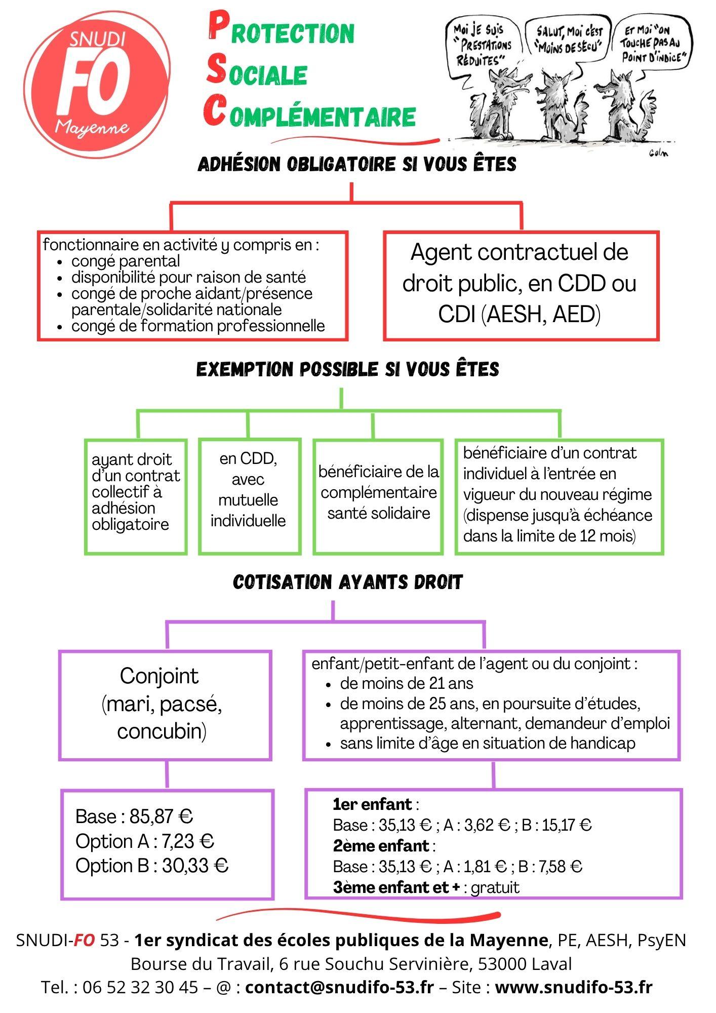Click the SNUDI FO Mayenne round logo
[x=96, y=86]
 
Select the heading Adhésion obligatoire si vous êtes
[x=357, y=165]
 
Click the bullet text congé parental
[x=126, y=261]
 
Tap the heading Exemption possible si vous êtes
[x=347, y=369]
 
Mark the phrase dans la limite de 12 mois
[x=549, y=536]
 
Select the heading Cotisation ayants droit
[x=347, y=582]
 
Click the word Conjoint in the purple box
[x=160, y=676]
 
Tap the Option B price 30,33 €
[x=195, y=866]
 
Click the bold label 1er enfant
[x=373, y=804]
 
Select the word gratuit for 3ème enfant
[x=495, y=887]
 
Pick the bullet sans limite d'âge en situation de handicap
[x=487, y=743]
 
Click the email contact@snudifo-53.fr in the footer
[x=339, y=987]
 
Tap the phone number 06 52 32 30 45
[x=140, y=987]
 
